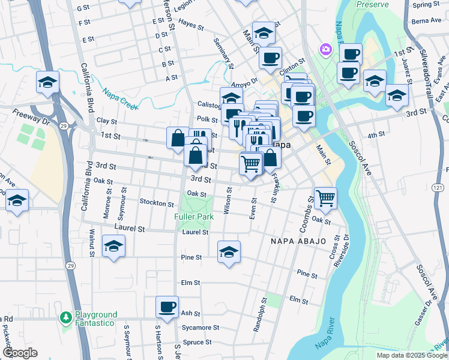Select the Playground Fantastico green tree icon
click(66, 316)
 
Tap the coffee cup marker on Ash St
click(167, 307)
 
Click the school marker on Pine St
click(229, 252)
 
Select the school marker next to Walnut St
click(113, 247)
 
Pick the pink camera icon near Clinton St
click(326, 49)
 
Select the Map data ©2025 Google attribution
click(411, 355)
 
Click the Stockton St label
click(156, 203)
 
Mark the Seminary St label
click(223, 52)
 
